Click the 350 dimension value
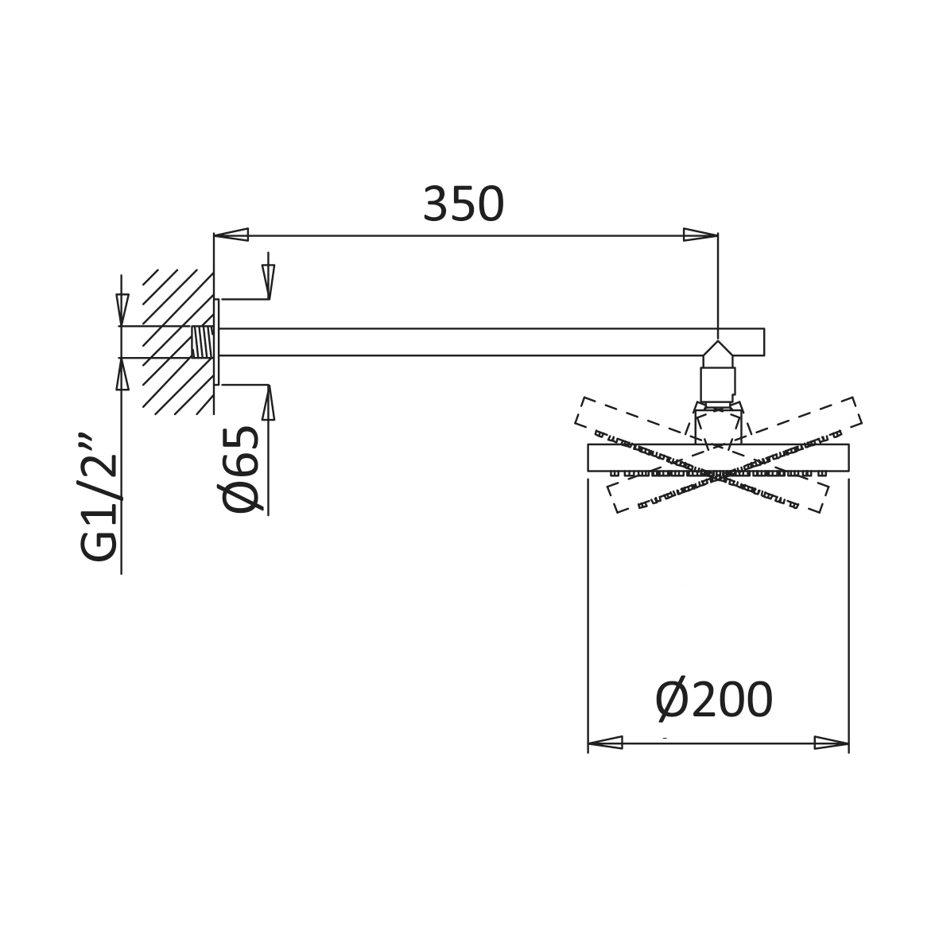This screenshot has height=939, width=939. coord(464,204)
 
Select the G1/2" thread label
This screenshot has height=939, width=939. coord(98,496)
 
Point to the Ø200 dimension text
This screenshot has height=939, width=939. coord(715,700)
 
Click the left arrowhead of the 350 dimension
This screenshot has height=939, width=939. coord(231,234)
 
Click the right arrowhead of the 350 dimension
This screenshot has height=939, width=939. coord(700,234)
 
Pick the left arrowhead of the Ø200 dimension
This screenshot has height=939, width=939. coord(605,743)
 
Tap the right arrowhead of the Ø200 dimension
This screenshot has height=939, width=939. coord(832,743)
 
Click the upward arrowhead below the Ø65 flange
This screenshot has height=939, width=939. coord(268,402)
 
